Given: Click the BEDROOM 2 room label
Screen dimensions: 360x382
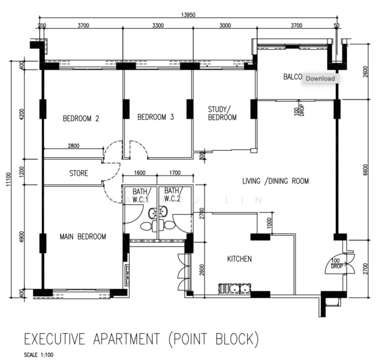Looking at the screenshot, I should (81, 118).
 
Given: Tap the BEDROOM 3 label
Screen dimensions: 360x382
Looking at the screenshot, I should (155, 117).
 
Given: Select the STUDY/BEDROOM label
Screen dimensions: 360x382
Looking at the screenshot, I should (222, 113).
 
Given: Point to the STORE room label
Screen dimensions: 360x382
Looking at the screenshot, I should (79, 173).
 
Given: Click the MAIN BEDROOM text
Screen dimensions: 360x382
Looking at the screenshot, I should (83, 236).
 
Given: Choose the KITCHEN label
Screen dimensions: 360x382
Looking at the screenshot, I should (239, 259).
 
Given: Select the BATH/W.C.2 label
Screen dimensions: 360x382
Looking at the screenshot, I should (172, 195).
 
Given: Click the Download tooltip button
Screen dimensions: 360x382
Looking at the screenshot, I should (320, 78).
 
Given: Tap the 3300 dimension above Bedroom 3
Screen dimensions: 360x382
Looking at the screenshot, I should (158, 26).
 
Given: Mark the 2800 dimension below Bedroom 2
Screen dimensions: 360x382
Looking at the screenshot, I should (73, 146).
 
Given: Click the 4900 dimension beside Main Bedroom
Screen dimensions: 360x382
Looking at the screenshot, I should (23, 238).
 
